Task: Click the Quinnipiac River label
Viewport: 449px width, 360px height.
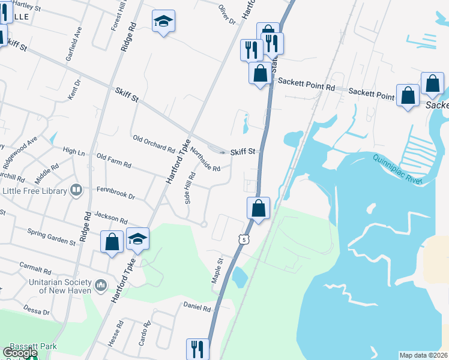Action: click(x=398, y=167)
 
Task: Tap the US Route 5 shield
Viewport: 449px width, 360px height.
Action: click(x=243, y=239)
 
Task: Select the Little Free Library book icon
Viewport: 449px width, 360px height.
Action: click(x=76, y=191)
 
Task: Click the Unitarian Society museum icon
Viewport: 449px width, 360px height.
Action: click(x=100, y=283)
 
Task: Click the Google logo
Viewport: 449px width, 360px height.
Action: click(x=20, y=353)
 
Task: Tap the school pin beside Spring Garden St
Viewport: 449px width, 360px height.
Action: click(x=137, y=241)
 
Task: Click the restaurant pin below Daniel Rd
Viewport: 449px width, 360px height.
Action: click(x=198, y=348)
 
